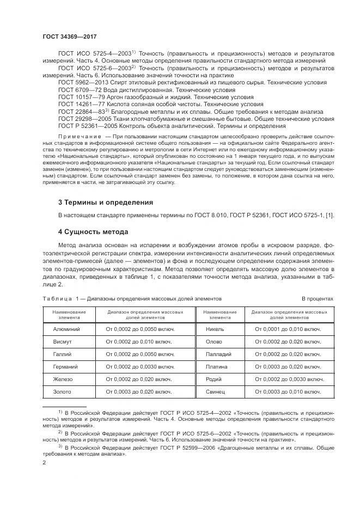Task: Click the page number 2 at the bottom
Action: pos(44,463)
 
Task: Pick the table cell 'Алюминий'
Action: pos(66,329)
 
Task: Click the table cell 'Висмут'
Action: pos(66,342)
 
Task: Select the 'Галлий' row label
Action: pos(66,354)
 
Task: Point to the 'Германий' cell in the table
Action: pos(66,367)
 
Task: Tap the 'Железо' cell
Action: pos(66,379)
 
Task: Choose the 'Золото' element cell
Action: pos(66,392)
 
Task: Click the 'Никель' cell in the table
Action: pos(216,329)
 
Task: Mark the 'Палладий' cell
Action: pos(216,354)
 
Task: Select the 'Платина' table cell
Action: pos(216,367)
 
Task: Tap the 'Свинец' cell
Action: pos(216,392)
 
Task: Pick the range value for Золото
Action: pos(139,392)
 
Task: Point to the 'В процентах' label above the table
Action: pos(318,299)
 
